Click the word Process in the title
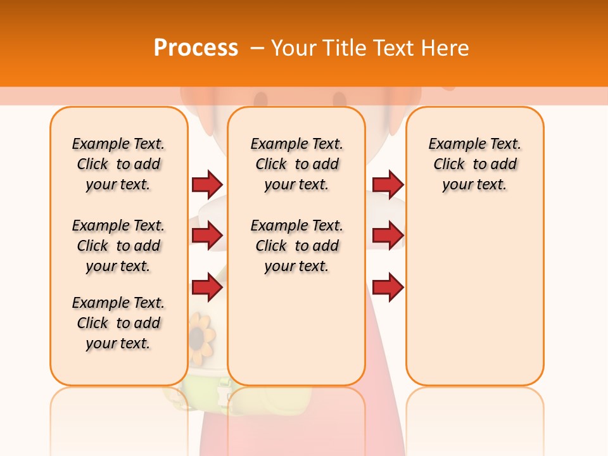(196, 48)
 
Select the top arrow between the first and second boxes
(207, 184)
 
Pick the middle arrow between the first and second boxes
(207, 236)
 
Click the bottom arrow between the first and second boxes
(207, 288)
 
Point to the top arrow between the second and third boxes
(388, 184)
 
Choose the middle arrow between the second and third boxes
(388, 236)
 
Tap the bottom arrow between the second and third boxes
(388, 288)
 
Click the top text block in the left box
(118, 164)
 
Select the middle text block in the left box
(118, 246)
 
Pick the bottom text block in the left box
(118, 323)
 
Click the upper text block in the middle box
(296, 164)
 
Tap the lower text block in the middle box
(296, 246)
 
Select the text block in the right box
(474, 164)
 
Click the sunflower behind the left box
(202, 334)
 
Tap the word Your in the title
(295, 48)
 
